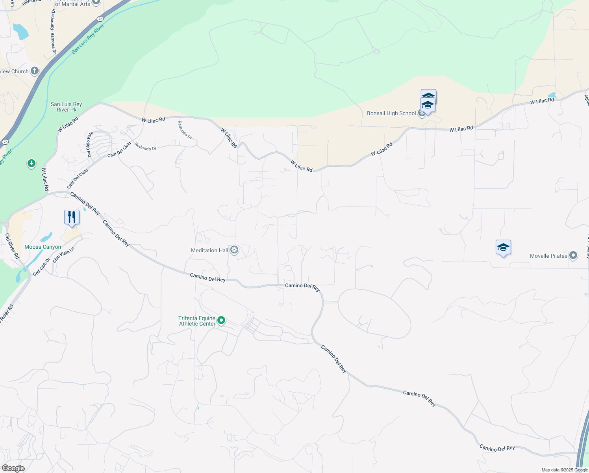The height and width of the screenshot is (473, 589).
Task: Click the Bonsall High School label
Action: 391,114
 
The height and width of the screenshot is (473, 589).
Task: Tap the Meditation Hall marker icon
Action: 234,250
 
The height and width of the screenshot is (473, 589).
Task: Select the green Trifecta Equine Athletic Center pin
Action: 221,320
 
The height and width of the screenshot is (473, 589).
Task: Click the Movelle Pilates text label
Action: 548,256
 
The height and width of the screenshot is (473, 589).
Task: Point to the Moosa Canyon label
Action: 43,247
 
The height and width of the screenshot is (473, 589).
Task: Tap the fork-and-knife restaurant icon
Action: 72,217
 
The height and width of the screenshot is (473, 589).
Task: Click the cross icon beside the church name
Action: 35,71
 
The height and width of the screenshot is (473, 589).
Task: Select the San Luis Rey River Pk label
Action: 66,107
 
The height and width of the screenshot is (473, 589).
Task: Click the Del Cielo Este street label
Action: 90,144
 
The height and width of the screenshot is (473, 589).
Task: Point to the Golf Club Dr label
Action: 41,267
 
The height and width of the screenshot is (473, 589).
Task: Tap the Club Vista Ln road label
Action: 63,255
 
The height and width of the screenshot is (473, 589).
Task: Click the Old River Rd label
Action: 12,246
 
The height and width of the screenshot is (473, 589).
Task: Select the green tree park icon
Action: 31,163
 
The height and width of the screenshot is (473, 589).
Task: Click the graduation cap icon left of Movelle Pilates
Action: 503,248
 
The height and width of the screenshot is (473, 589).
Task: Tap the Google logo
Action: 13,468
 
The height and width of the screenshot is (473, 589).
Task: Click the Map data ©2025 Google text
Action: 565,470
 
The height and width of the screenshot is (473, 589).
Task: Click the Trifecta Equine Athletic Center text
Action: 197,321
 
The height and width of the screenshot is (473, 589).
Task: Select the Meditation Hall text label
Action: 209,250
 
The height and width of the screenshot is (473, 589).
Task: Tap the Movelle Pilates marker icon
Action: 573,255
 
